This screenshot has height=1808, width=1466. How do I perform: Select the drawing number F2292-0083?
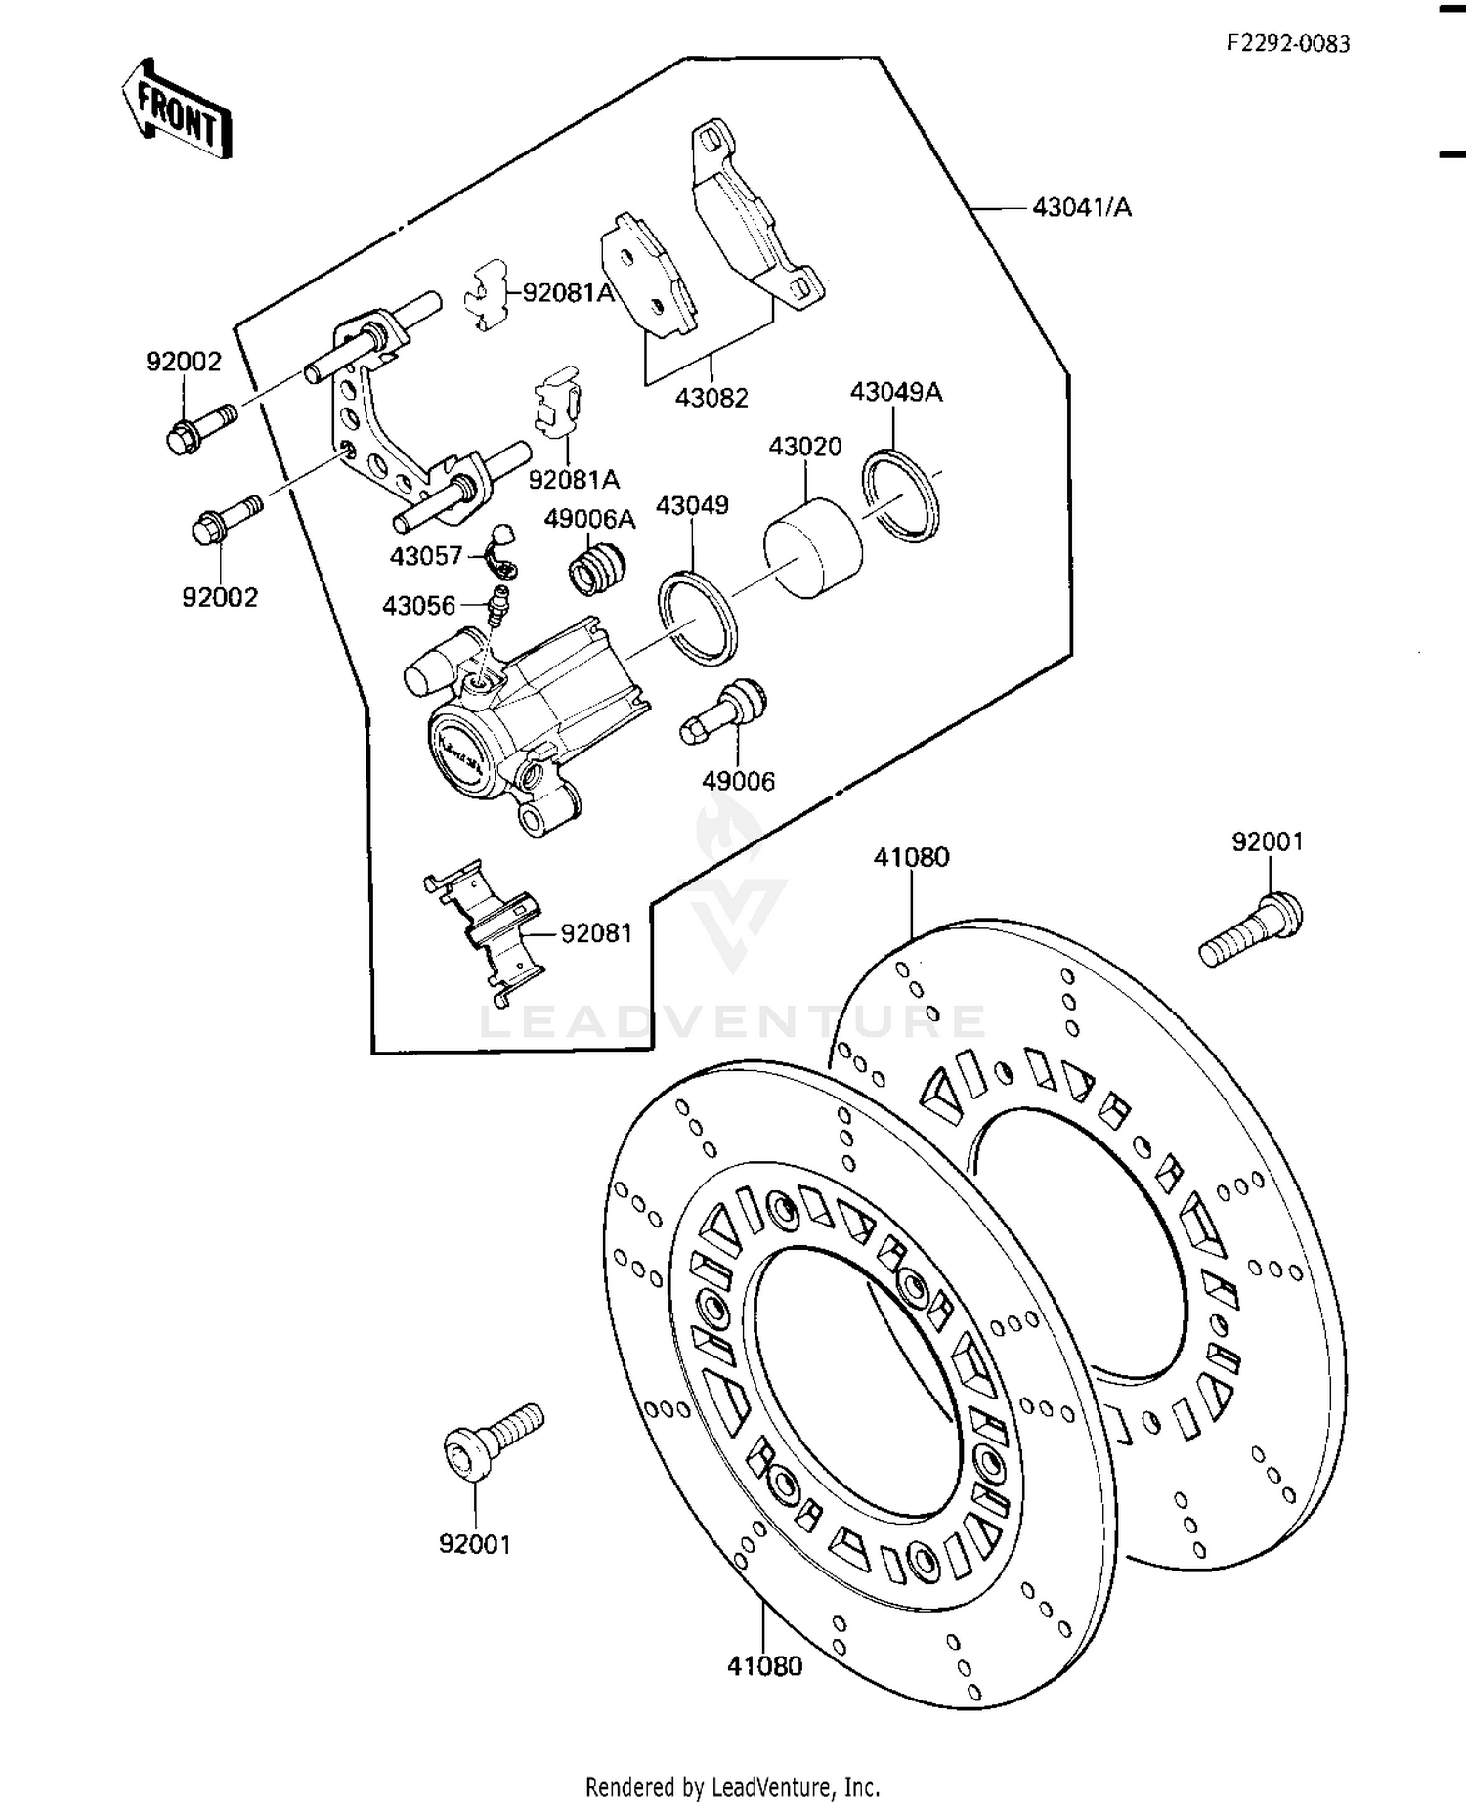[1288, 44]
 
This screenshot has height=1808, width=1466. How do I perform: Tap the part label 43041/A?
[1082, 208]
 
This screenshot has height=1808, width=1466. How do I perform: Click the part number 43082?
[711, 399]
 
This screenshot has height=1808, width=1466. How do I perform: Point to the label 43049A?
[896, 393]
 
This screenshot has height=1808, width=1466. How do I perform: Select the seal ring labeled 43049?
[698, 619]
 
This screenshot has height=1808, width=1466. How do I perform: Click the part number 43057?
[426, 557]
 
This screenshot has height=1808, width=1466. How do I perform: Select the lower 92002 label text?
[220, 598]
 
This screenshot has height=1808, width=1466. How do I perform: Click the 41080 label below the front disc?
[764, 1666]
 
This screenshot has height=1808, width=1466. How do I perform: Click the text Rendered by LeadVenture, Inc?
[732, 1787]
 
